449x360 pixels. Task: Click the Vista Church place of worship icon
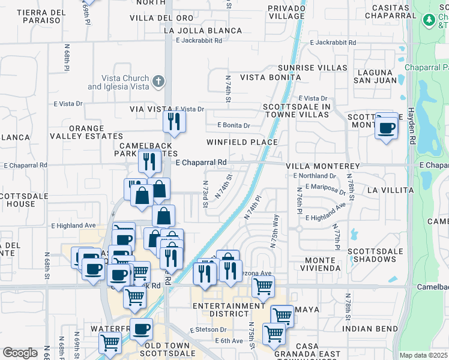pos(158,81)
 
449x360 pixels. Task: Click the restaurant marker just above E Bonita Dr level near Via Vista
pos(174,122)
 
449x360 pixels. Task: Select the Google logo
pos(20,353)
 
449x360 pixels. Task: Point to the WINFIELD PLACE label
pos(242,142)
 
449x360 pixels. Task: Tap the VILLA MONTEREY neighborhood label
pos(322,166)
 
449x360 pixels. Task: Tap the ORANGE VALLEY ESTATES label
pos(95,133)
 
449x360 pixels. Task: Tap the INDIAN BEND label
pos(370,329)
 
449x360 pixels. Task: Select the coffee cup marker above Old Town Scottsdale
pos(142,329)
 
